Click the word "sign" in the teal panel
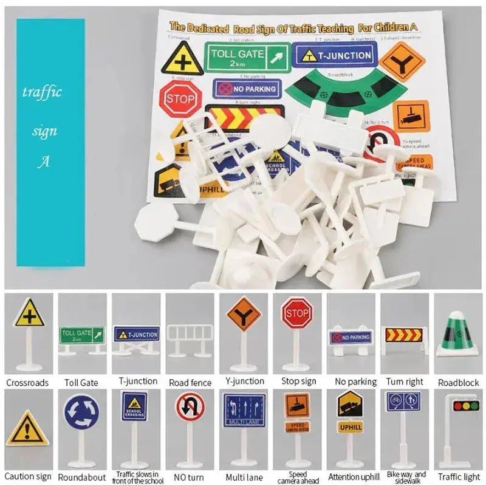[x=44, y=130]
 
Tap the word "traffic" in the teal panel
[x=42, y=92]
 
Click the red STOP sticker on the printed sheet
[x=180, y=98]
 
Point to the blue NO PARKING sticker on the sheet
[x=247, y=89]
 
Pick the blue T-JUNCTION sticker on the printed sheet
[x=335, y=55]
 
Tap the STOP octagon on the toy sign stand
[x=296, y=313]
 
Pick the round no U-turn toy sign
[x=190, y=408]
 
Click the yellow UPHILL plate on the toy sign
[x=351, y=426]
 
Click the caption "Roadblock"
[x=459, y=383]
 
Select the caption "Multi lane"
[x=244, y=477]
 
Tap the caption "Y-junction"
[x=245, y=382]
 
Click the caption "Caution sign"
[x=29, y=477]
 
